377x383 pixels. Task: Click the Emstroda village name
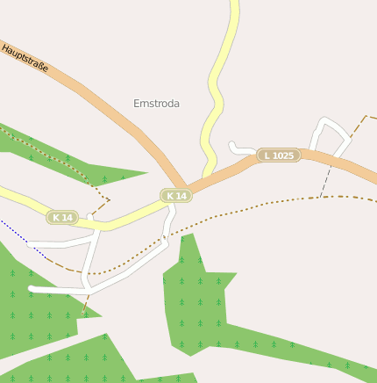156,104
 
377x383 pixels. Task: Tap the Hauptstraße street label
25,58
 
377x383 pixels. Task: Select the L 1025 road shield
279,155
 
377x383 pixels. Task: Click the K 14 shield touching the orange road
176,195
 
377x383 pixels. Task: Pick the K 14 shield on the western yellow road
63,217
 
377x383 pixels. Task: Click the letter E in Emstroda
137,104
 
